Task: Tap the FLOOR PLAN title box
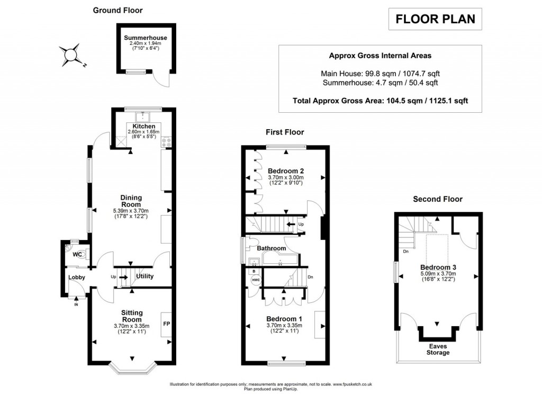(x=436, y=20)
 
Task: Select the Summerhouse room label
(x=146, y=38)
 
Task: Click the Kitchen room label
(x=144, y=127)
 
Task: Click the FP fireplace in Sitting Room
(x=166, y=324)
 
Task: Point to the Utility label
(x=144, y=276)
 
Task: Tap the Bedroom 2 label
(x=285, y=171)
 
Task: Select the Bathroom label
(x=272, y=248)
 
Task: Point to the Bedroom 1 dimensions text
(x=285, y=328)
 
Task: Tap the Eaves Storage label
(x=437, y=349)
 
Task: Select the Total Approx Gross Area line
(x=380, y=100)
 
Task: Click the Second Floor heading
(x=437, y=199)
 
